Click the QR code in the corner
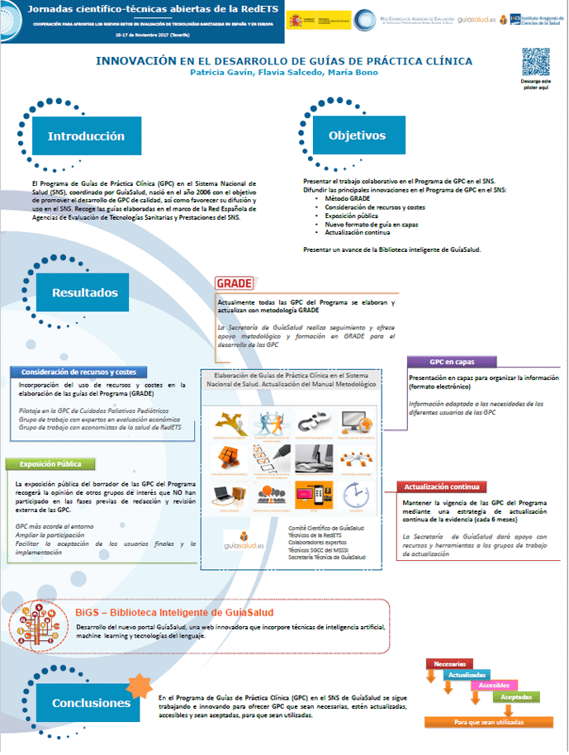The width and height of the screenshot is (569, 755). point(535,63)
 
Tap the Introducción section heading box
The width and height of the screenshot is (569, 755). point(85,136)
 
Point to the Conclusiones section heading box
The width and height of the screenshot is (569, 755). point(91,702)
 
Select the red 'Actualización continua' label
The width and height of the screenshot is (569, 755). point(441,487)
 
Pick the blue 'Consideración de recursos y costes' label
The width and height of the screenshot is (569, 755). point(78,372)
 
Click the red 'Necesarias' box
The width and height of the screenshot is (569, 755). point(449,664)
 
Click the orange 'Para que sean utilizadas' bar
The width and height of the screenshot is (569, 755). point(488,722)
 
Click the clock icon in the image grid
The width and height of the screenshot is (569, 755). point(353,495)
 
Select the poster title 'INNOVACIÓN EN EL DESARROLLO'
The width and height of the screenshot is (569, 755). point(283,61)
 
